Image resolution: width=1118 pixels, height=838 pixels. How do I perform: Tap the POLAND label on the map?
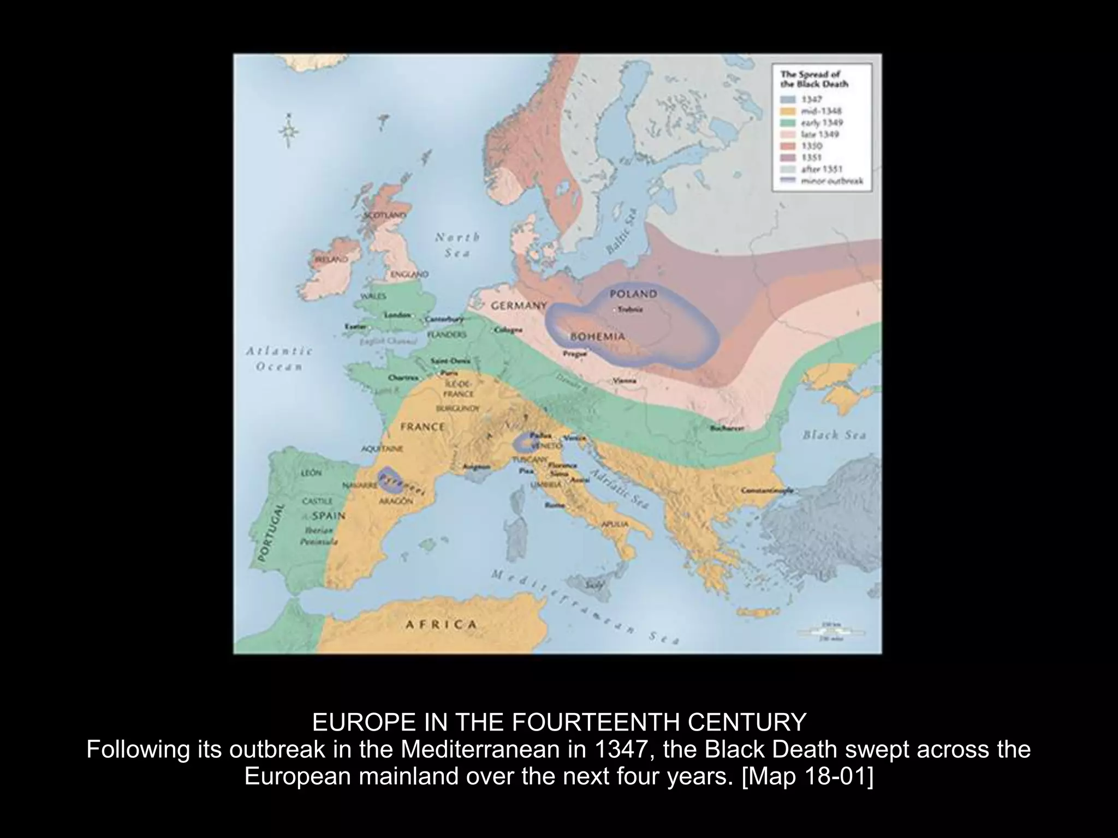tap(633, 294)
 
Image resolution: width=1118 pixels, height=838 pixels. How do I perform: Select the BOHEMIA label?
tap(597, 337)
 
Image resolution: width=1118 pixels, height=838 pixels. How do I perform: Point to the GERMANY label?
tap(519, 306)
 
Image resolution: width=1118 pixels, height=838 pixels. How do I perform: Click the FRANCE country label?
tap(422, 427)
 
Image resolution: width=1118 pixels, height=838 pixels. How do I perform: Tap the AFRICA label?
tap(441, 624)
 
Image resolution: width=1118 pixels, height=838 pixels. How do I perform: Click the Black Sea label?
tap(834, 435)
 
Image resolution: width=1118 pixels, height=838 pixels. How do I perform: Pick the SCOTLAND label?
tap(385, 216)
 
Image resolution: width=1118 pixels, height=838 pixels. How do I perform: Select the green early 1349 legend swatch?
tap(788, 123)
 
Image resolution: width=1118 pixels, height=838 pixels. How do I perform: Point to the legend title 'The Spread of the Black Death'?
tap(814, 79)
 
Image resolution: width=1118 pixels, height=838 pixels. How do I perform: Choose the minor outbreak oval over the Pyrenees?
tap(389, 480)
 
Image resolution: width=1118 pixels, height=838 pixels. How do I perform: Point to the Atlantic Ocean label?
tap(278, 358)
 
